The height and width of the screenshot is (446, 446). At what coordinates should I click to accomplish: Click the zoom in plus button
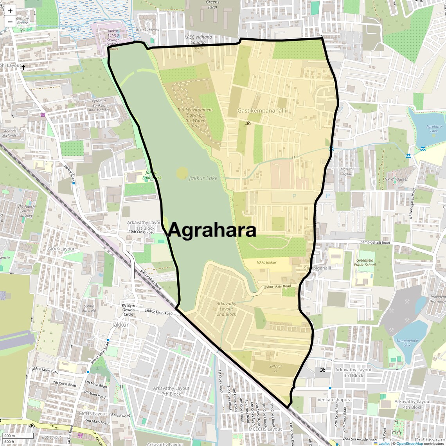click(10, 11)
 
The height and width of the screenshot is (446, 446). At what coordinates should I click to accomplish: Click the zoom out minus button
click(10, 22)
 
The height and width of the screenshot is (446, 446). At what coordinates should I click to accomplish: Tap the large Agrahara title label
click(212, 230)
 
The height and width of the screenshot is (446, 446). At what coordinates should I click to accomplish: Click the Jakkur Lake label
click(203, 178)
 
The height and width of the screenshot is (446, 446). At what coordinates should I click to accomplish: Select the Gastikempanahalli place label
click(262, 111)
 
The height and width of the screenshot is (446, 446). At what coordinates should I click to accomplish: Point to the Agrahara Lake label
click(433, 129)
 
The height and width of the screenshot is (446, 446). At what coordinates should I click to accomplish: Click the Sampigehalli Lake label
click(407, 343)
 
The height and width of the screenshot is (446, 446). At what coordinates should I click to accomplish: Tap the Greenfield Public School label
click(365, 263)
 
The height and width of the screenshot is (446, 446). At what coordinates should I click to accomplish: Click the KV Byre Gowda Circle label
click(128, 310)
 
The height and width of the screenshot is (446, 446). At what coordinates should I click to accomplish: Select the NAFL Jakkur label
click(266, 263)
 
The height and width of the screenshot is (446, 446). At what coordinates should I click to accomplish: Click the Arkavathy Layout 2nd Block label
click(226, 309)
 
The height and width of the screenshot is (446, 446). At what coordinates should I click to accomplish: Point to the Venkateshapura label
click(334, 400)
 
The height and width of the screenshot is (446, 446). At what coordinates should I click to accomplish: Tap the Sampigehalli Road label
click(375, 243)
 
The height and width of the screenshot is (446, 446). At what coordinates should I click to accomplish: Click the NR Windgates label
click(396, 180)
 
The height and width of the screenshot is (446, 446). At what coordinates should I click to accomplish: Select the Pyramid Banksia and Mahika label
click(99, 105)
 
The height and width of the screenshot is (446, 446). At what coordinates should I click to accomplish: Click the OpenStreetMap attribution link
click(410, 443)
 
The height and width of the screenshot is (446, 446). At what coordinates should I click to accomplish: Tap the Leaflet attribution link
click(384, 443)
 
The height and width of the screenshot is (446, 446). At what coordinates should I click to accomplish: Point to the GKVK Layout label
click(61, 249)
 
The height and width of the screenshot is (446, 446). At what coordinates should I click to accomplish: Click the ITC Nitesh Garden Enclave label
click(26, 211)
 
